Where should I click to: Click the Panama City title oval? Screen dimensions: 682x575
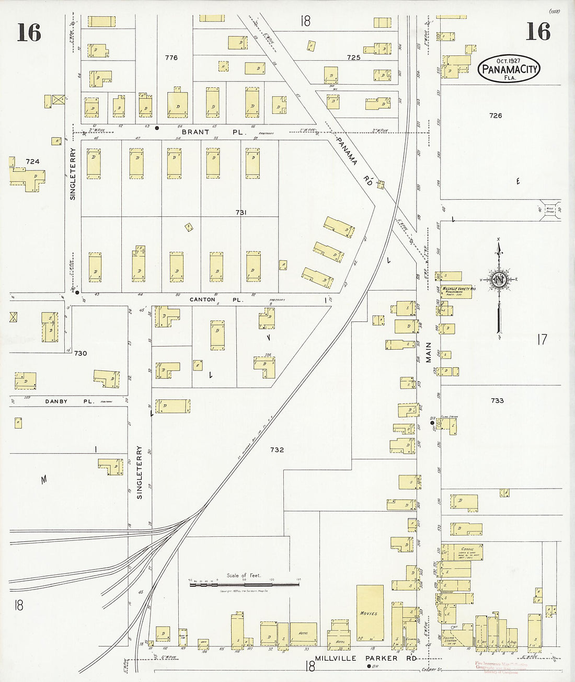tap(509, 68)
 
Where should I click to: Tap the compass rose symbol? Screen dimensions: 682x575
tap(499, 281)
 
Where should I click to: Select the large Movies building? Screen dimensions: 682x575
tap(370, 613)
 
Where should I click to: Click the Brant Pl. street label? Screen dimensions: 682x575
tap(214, 132)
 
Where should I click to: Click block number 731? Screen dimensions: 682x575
tap(241, 212)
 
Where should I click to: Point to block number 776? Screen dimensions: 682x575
tap(171, 57)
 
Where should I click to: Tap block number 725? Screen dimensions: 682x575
tap(353, 57)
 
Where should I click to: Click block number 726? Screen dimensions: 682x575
tap(495, 115)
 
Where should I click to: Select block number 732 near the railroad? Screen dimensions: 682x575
tap(277, 449)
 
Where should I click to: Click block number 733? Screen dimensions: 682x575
tap(497, 400)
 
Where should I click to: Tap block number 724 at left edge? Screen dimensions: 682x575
tap(32, 161)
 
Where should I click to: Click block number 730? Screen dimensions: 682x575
tap(80, 353)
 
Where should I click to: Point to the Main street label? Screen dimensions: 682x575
tap(429, 352)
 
